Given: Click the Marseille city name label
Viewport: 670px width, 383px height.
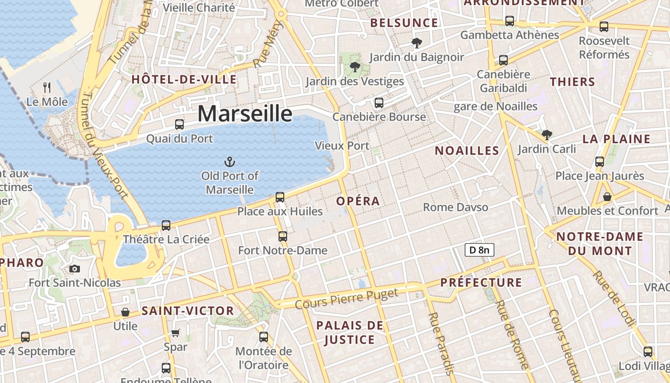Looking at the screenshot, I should [245, 114].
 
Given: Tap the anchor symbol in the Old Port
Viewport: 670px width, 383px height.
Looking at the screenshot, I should [230, 161].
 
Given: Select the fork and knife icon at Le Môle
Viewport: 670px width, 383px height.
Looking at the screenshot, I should [47, 87].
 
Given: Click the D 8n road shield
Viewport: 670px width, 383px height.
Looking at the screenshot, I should [479, 249].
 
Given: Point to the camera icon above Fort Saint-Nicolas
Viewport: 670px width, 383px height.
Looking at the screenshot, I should [75, 269].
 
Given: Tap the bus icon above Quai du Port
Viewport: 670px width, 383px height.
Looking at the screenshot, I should [179, 124].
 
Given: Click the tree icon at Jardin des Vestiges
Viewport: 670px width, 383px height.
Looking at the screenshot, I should [355, 67].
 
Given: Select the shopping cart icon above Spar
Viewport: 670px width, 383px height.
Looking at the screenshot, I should [176, 333].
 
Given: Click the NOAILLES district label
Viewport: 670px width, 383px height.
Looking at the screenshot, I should [467, 151].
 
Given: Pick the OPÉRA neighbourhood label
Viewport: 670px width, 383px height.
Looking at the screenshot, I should [358, 201].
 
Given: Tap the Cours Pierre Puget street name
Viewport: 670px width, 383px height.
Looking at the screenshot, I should [346, 299].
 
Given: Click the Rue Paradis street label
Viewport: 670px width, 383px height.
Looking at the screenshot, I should [440, 343].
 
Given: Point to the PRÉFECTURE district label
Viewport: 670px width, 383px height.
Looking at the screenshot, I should [481, 282].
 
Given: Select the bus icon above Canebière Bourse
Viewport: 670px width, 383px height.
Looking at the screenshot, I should [379, 102].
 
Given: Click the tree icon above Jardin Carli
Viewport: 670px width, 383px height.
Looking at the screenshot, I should [547, 135].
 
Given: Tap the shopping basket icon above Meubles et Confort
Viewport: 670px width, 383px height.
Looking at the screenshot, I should [607, 197].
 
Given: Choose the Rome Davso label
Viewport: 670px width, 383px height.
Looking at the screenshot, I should [456, 207].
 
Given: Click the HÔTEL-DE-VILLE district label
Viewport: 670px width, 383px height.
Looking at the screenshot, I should [184, 79].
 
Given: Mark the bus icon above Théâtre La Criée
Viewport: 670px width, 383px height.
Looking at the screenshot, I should [166, 225].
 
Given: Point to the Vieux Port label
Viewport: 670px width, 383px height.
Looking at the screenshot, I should [342, 146].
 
